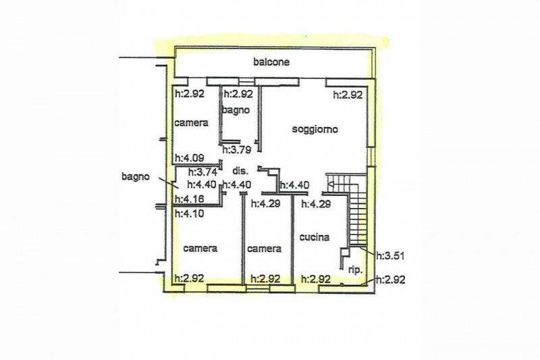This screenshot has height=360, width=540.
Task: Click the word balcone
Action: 271,62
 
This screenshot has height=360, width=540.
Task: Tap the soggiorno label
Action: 315,129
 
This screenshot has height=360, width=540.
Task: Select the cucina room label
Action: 315,237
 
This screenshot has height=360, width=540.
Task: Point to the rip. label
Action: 355,270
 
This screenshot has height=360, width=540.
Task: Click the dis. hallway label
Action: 240,171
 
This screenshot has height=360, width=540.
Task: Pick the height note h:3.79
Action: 237,150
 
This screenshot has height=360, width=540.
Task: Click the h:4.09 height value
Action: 190,158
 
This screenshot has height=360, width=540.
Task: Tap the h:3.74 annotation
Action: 202,172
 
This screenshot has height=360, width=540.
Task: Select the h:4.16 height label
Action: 190,199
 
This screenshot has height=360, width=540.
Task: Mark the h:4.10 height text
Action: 190,213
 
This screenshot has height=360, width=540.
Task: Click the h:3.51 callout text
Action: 390,256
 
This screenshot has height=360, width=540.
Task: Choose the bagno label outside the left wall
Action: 136,177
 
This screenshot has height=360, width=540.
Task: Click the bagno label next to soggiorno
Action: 236,111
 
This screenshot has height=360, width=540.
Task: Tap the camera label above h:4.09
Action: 192,123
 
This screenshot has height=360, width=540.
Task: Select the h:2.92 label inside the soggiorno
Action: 348,95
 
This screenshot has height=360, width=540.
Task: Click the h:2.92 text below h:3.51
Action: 390,280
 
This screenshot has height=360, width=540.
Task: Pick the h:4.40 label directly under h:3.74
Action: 202,184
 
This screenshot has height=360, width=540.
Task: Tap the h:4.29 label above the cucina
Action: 316,204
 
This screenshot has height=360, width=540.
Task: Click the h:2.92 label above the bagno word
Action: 238,94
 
